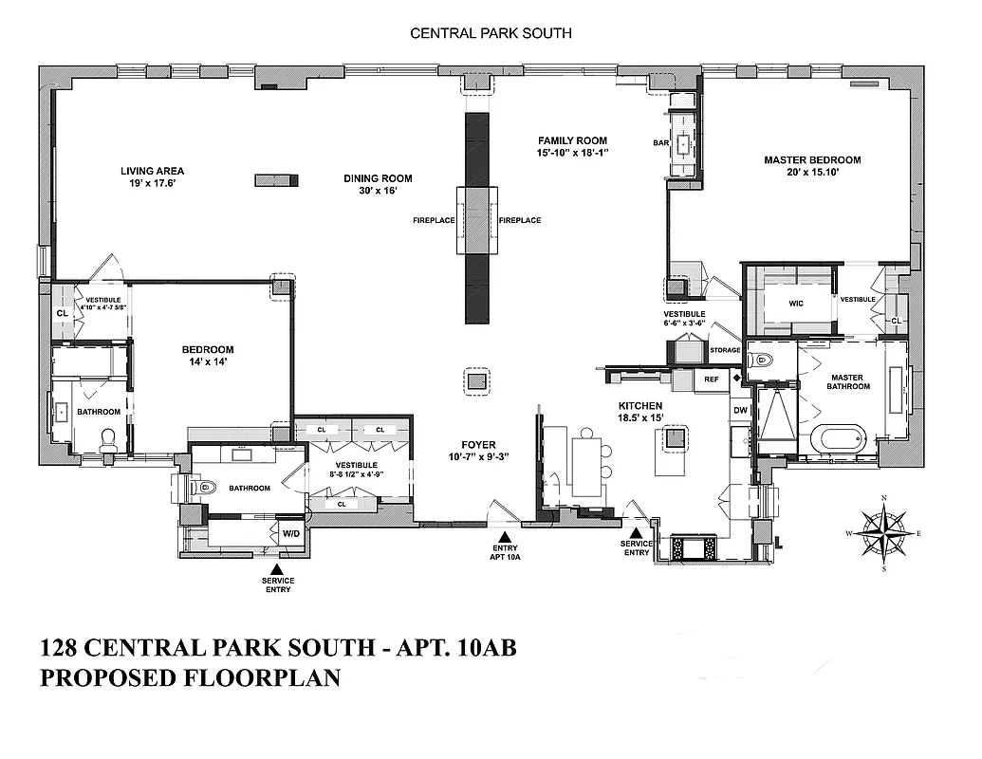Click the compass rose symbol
tap(883, 533)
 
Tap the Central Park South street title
tap(491, 33)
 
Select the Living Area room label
tap(149, 177)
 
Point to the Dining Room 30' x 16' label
tap(377, 184)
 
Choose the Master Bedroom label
tap(812, 166)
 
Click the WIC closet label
tap(797, 305)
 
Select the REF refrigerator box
tap(711, 379)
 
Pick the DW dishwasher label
tap(740, 411)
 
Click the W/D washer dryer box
tap(290, 534)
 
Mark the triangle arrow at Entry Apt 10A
tap(504, 538)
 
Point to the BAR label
tap(661, 143)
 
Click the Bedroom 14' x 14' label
tap(208, 355)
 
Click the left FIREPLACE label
tap(434, 220)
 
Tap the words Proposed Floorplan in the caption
tap(190, 679)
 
